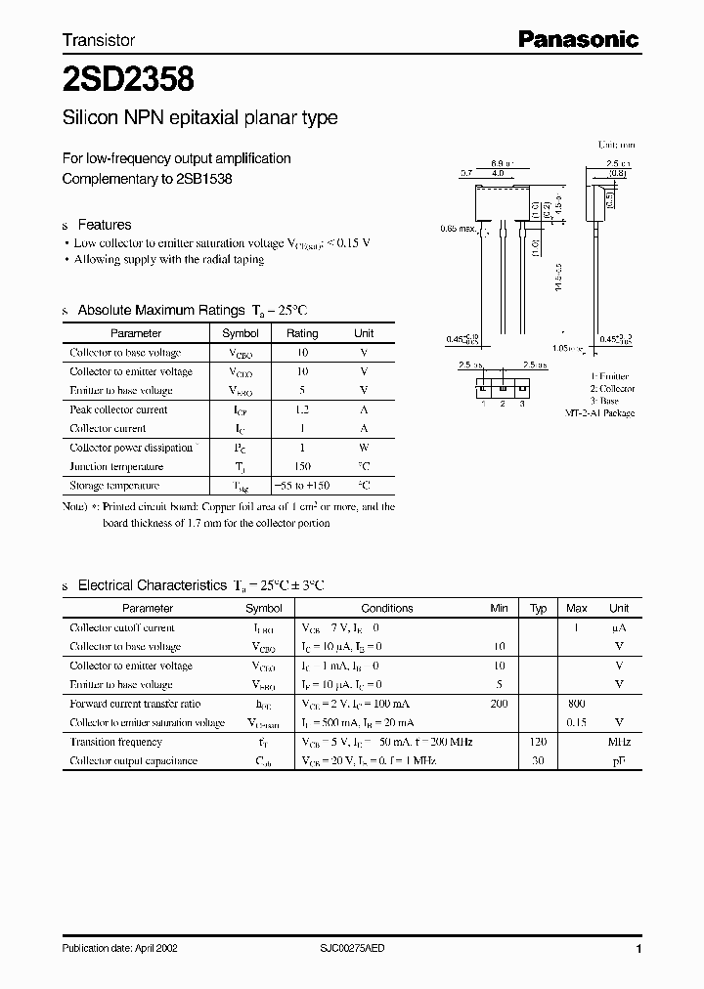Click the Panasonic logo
[578, 39]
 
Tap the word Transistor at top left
[99, 40]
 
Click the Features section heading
[104, 224]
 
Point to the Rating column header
[302, 333]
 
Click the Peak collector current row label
[118, 409]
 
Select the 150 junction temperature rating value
[302, 466]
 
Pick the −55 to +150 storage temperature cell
[302, 485]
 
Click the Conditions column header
[387, 608]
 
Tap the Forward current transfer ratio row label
[135, 704]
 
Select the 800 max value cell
[576, 704]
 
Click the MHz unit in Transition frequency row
[619, 742]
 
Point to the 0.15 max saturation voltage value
[576, 722]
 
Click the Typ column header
[538, 608]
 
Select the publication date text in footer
[120, 948]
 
